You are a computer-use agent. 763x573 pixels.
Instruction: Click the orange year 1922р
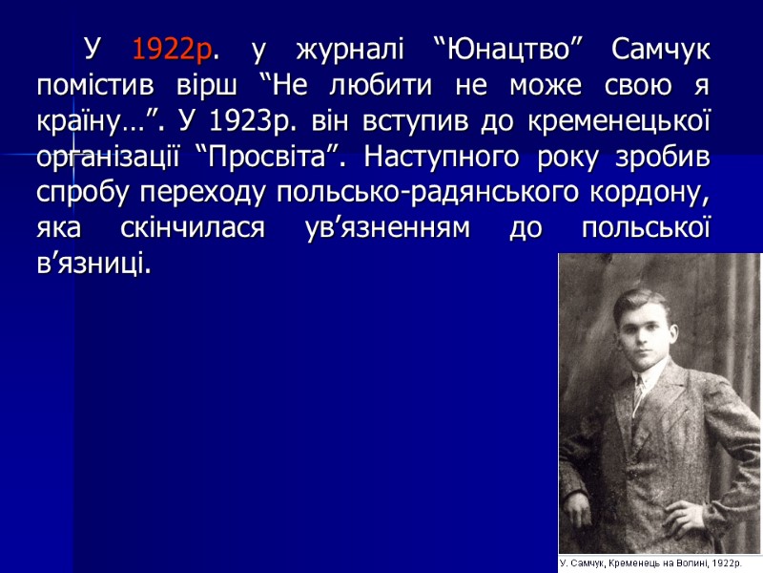172,49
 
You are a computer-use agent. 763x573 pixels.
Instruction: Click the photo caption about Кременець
659,562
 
